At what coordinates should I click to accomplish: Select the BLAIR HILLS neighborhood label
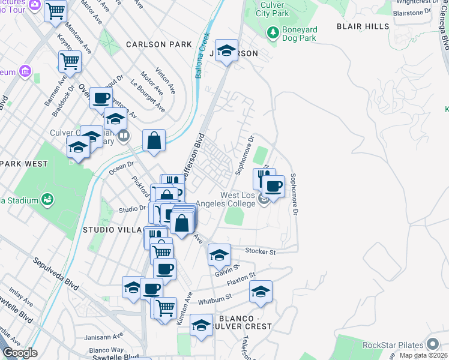(363, 27)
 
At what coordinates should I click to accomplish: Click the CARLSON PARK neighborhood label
(159, 44)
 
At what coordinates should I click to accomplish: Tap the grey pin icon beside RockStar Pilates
(433, 344)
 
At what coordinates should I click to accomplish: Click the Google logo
(20, 353)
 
